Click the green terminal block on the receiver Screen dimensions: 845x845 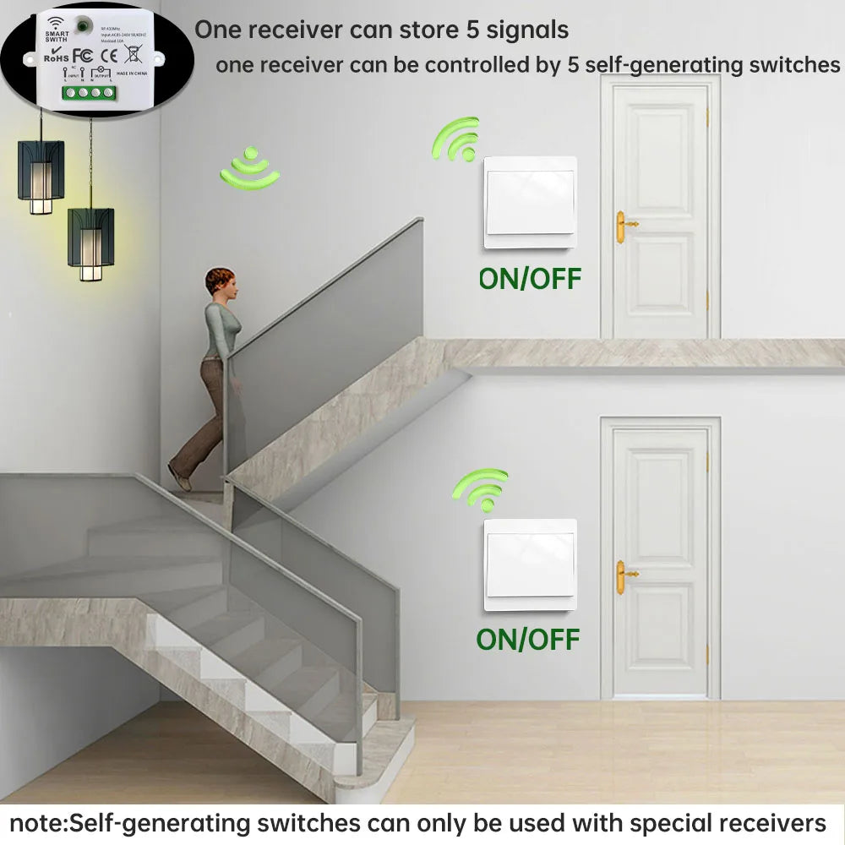(x=89, y=93)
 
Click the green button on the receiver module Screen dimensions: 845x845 (x=83, y=26)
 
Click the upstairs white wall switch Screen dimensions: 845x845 (x=530, y=202)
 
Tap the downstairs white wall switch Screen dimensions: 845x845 (x=530, y=564)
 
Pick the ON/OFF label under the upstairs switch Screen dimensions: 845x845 (x=530, y=278)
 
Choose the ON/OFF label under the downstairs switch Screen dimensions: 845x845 (x=528, y=640)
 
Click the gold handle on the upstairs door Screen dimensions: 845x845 (x=624, y=225)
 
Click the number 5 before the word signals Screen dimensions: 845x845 (x=474, y=30)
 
